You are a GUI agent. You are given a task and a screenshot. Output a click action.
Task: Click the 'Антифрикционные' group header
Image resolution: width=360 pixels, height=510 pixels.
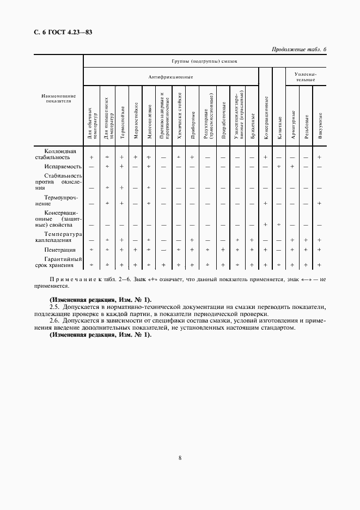pyautogui.click(x=171, y=77)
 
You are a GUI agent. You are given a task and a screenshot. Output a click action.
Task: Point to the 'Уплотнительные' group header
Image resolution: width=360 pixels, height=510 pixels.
pyautogui.click(x=306, y=77)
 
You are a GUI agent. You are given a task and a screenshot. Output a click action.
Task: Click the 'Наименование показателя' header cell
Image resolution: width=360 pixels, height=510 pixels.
pyautogui.click(x=58, y=98)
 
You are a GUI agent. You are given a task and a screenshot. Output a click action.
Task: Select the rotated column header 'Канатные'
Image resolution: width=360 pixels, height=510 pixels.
pyautogui.click(x=279, y=126)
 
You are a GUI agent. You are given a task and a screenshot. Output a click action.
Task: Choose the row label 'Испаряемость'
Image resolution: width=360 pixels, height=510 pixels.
pyautogui.click(x=63, y=166)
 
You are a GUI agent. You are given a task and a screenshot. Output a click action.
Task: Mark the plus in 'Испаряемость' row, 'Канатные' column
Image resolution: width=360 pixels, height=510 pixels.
pyautogui.click(x=278, y=166)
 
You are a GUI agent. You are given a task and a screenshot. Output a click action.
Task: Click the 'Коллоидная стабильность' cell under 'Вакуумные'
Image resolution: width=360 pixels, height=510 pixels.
pyautogui.click(x=320, y=157)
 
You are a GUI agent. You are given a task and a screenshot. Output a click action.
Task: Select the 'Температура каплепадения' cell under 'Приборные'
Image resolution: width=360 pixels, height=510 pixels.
pyautogui.click(x=193, y=240)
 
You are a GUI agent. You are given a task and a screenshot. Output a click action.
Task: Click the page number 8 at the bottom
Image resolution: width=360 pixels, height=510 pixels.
pyautogui.click(x=180, y=458)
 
